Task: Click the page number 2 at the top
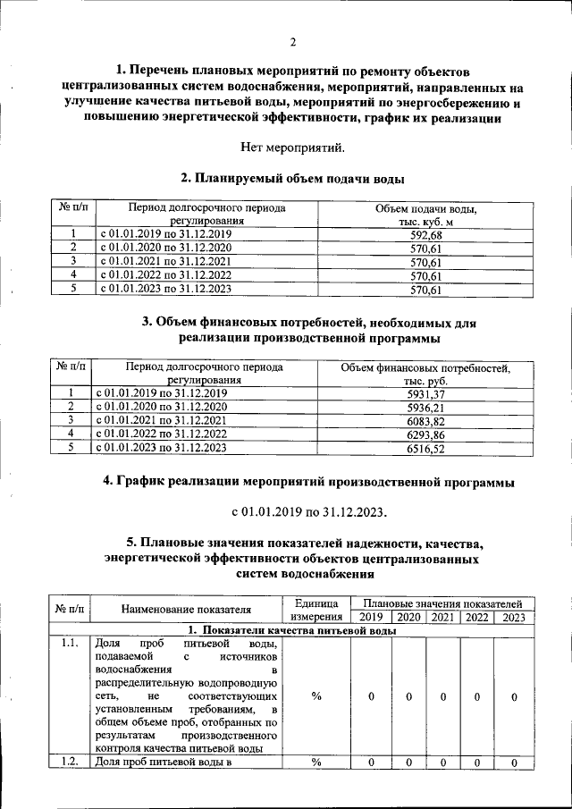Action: point(292,41)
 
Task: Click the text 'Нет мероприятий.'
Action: point(292,146)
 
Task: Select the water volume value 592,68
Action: point(425,234)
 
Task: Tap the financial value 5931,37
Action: point(425,393)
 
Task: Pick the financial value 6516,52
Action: point(425,448)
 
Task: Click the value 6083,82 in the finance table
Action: point(425,420)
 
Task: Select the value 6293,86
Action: point(425,434)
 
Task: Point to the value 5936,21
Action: point(425,407)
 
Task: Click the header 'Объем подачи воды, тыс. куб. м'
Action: point(425,215)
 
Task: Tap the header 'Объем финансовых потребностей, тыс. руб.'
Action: point(425,374)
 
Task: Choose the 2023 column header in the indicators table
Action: point(513,617)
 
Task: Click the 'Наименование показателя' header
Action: point(186,610)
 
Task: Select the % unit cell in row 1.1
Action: point(316,696)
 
